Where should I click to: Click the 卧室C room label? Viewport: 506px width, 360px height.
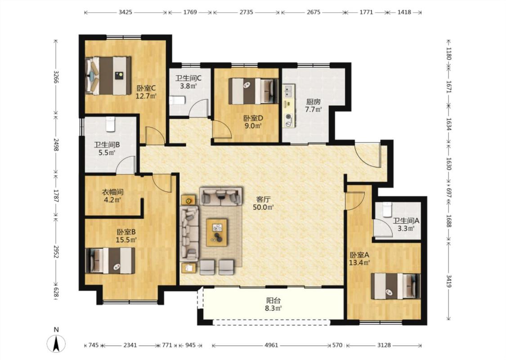click(x=146, y=88)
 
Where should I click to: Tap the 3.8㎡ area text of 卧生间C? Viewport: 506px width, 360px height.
click(x=188, y=86)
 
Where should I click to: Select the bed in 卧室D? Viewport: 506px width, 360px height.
click(x=253, y=91)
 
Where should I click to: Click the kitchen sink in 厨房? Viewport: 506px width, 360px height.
click(x=289, y=91)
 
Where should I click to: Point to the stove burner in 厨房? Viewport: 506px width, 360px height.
click(x=288, y=120)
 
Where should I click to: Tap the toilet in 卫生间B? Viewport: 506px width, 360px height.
click(x=111, y=124)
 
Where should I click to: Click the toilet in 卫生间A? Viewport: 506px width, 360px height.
click(x=387, y=210)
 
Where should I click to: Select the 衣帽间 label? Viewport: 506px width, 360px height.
click(x=112, y=193)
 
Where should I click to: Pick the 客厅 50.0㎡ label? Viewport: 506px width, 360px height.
click(x=263, y=203)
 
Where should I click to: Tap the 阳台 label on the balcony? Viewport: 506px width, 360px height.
click(x=273, y=301)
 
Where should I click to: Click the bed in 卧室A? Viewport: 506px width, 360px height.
click(x=396, y=286)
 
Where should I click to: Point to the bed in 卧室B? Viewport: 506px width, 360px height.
click(x=110, y=261)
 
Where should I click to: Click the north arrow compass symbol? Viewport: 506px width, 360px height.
click(x=56, y=343)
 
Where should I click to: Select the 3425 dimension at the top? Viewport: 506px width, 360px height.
click(x=125, y=12)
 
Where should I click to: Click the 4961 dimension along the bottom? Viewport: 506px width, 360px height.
click(x=271, y=345)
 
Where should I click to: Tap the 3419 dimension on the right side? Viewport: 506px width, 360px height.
click(x=449, y=280)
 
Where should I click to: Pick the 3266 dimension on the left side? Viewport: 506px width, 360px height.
click(x=56, y=77)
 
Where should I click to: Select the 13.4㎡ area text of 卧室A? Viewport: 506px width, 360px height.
click(x=359, y=262)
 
